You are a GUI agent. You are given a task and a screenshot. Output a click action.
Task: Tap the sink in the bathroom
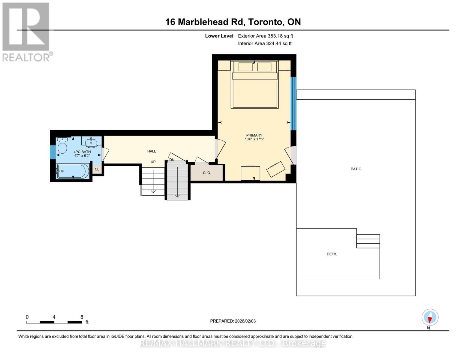91,142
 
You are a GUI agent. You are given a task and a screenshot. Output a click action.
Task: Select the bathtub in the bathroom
73,171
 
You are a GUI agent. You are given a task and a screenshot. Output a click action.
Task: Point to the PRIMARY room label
254,135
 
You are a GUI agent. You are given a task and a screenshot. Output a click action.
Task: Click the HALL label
152,151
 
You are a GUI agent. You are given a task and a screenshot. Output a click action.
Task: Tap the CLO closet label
206,173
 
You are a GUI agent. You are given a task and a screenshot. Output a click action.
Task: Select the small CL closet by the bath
97,169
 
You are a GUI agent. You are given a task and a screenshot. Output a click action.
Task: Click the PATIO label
356,169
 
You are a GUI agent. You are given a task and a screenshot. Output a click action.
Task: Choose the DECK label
332,254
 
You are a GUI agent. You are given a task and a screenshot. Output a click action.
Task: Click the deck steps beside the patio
368,241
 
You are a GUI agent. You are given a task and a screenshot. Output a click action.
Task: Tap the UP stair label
153,162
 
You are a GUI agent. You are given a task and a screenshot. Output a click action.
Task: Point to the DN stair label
172,160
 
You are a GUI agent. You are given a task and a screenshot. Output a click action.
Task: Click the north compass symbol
430,317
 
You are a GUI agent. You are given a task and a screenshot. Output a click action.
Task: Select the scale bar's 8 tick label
82,317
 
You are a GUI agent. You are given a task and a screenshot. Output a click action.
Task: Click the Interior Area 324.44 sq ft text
265,43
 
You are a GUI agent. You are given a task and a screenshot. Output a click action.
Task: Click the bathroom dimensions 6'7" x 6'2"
82,156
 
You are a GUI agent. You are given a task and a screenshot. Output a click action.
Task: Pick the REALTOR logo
26,31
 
